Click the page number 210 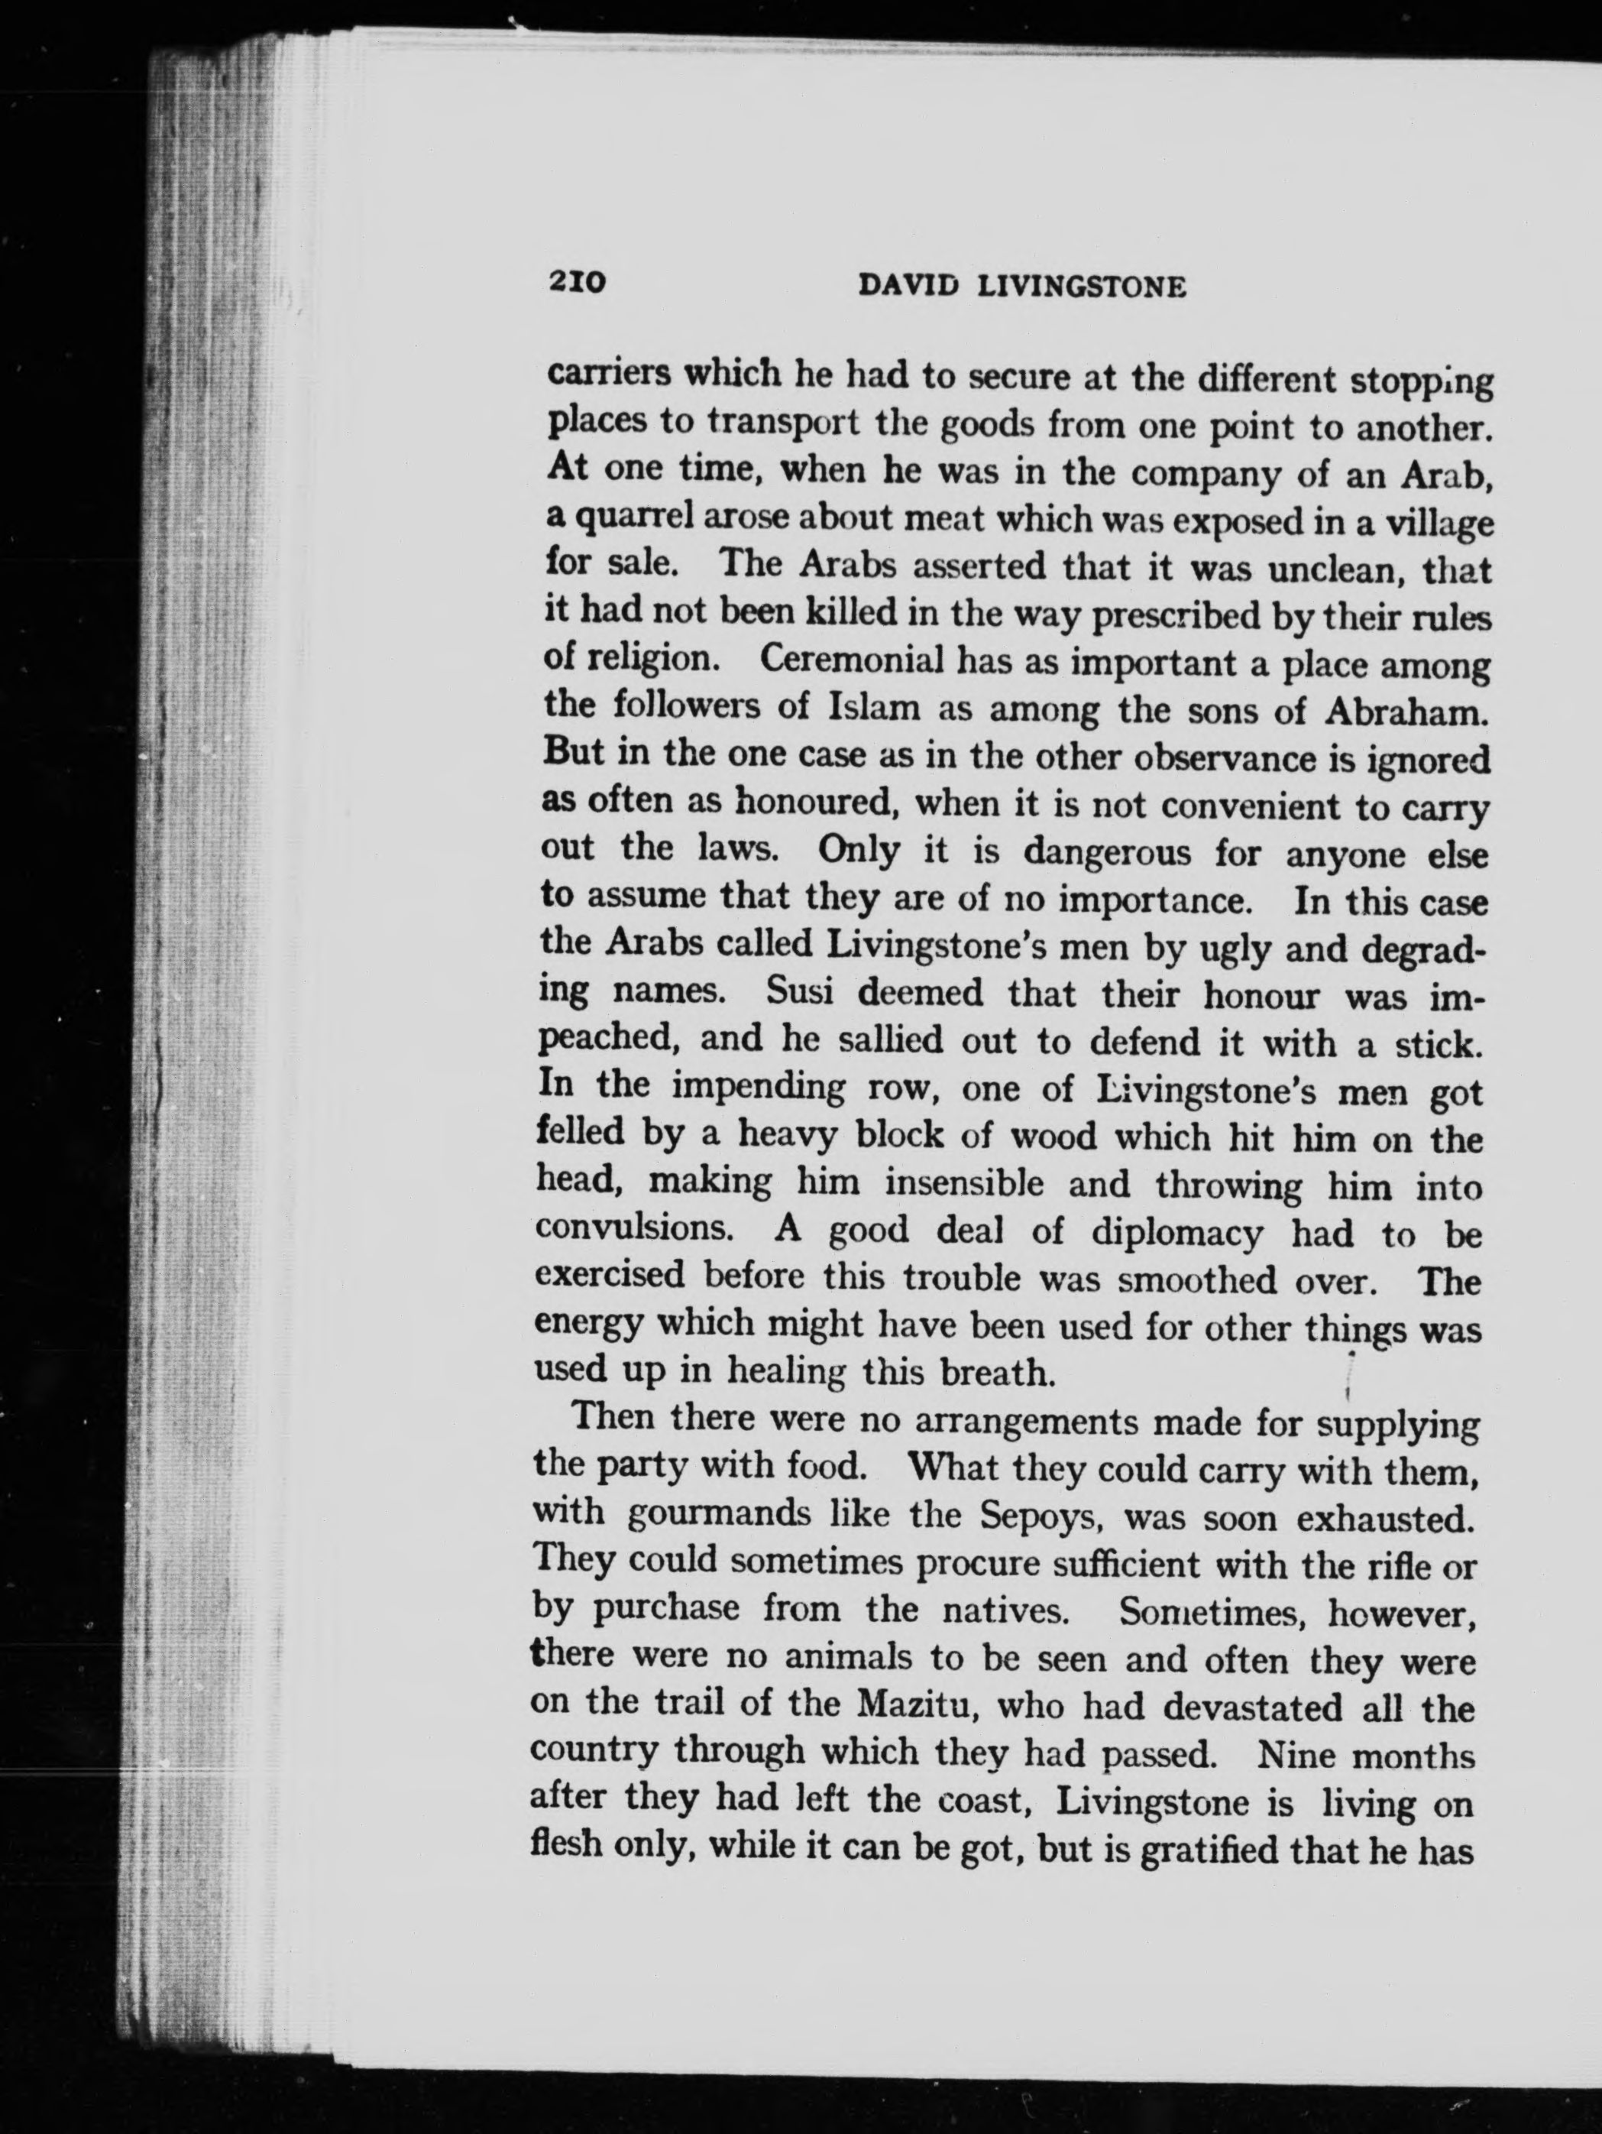576,282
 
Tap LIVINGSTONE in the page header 1081,287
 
